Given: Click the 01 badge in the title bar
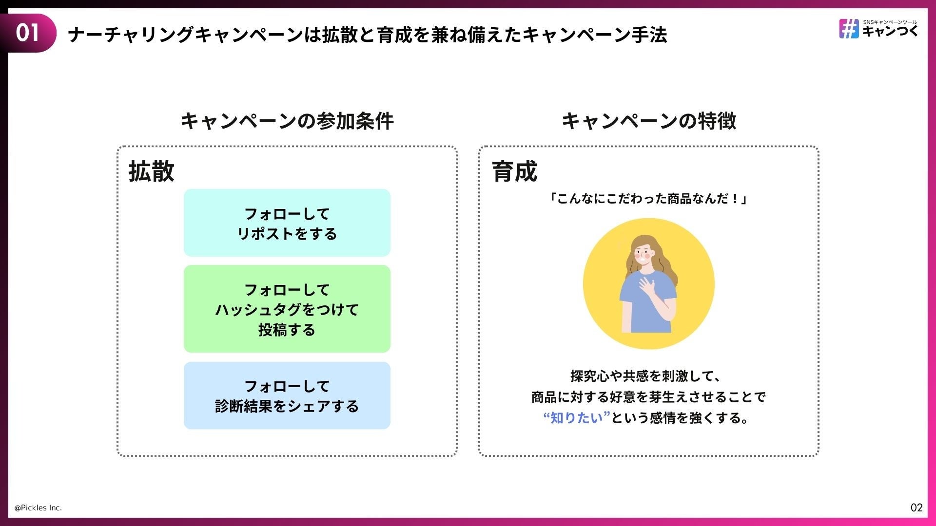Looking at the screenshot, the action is click(x=28, y=33).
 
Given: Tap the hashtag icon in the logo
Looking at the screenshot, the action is click(x=849, y=29).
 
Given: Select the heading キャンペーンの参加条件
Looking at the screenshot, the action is click(x=287, y=121).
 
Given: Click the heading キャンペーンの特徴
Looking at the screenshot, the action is click(x=649, y=121).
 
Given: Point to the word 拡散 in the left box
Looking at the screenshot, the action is click(x=151, y=171).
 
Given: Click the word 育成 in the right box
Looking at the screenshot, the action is click(x=514, y=171).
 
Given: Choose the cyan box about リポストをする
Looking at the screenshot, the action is click(x=287, y=223).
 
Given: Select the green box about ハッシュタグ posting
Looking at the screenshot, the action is click(x=287, y=309).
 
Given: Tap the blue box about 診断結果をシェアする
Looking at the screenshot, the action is click(x=287, y=395).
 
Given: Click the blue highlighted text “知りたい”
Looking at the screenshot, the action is click(x=577, y=418).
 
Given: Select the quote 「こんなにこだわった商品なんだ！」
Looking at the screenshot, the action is click(x=648, y=199).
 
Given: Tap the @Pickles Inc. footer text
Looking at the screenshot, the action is click(x=38, y=507).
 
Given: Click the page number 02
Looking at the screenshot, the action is click(x=916, y=507).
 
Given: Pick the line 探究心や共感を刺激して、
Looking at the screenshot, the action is click(x=645, y=376).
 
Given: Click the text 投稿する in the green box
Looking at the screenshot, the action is click(x=287, y=330).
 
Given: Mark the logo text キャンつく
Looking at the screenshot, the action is click(x=890, y=32).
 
